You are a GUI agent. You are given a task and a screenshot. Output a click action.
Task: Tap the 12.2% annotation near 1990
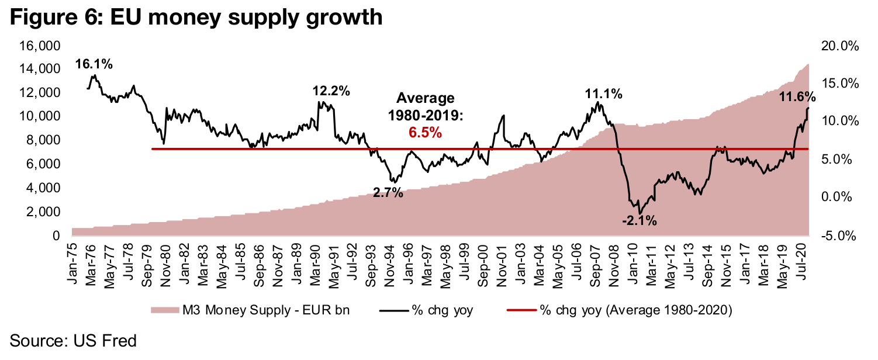point(331,92)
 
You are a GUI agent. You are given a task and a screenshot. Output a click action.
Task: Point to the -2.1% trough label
point(639,221)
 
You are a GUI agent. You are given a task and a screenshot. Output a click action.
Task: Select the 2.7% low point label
point(388,193)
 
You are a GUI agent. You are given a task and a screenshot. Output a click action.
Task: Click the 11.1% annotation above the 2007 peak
point(603,94)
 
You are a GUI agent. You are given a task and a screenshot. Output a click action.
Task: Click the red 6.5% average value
point(425,133)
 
